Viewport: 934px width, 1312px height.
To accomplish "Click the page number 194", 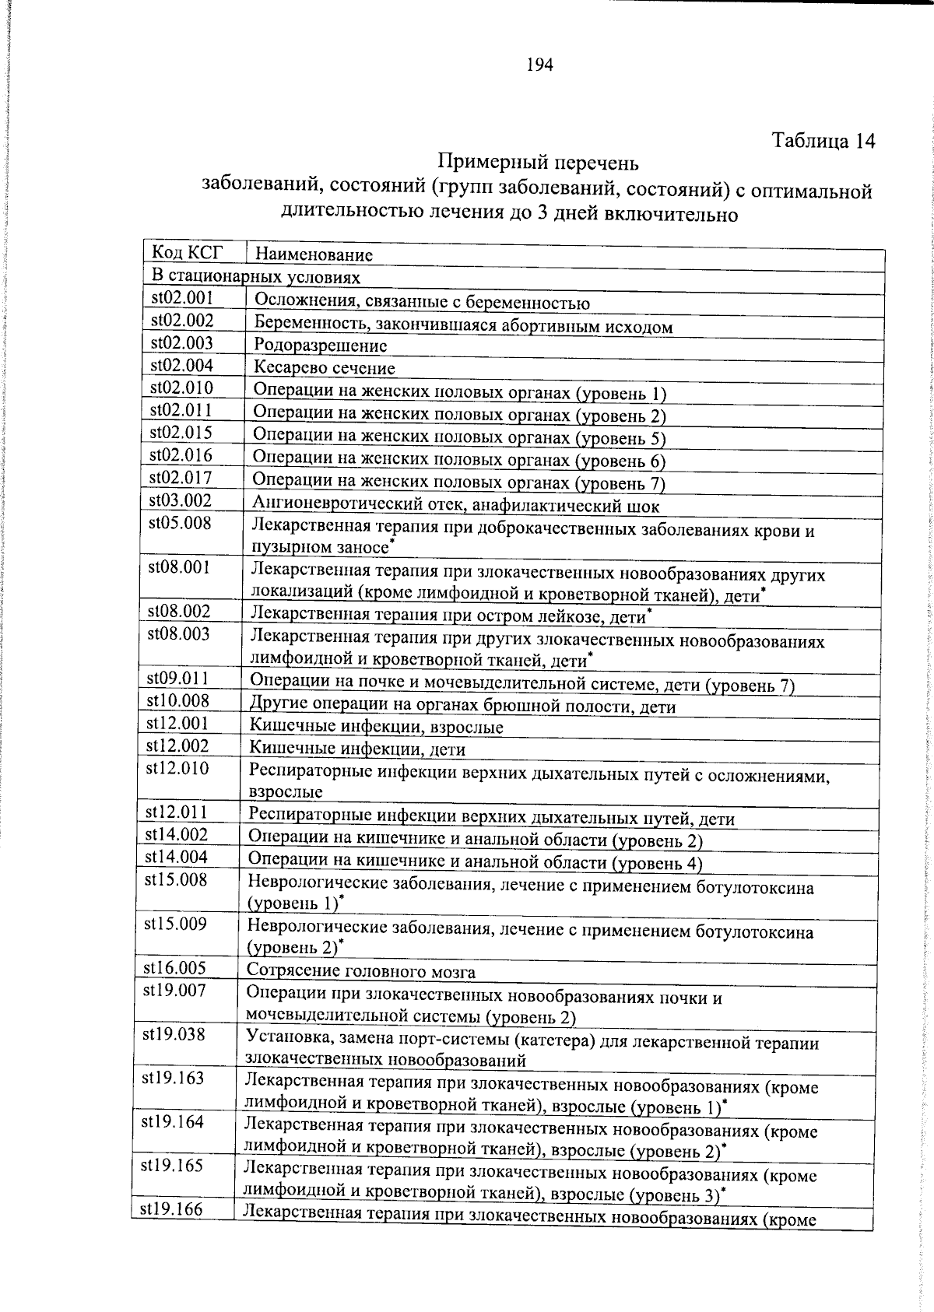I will pyautogui.click(x=539, y=66).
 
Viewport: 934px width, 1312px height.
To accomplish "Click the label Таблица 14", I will pyautogui.click(x=823, y=141).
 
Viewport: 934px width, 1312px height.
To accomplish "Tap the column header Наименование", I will pyautogui.click(x=314, y=254).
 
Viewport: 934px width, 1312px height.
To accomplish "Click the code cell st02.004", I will pyautogui.click(x=182, y=366).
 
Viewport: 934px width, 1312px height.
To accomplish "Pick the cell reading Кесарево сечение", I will pyautogui.click(x=325, y=368).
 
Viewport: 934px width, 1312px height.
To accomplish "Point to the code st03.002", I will pyautogui.click(x=181, y=500).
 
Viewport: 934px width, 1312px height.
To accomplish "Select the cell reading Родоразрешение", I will pyautogui.click(x=321, y=346).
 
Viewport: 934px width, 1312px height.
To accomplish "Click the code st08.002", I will pyautogui.click(x=179, y=612).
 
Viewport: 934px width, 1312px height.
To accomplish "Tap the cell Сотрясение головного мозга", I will pyautogui.click(x=361, y=971).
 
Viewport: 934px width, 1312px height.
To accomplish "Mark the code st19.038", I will pyautogui.click(x=174, y=1034).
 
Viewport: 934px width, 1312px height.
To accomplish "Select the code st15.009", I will pyautogui.click(x=175, y=924).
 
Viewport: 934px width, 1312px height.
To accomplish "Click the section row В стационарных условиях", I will pyautogui.click(x=256, y=277).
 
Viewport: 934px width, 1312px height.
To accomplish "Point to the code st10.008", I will pyautogui.click(x=178, y=701).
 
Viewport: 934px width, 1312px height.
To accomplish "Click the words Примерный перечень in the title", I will pyautogui.click(x=538, y=163).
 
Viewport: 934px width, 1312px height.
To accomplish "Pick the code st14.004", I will pyautogui.click(x=177, y=858).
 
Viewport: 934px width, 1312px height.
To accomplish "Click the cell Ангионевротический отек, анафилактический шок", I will pyautogui.click(x=456, y=507).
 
